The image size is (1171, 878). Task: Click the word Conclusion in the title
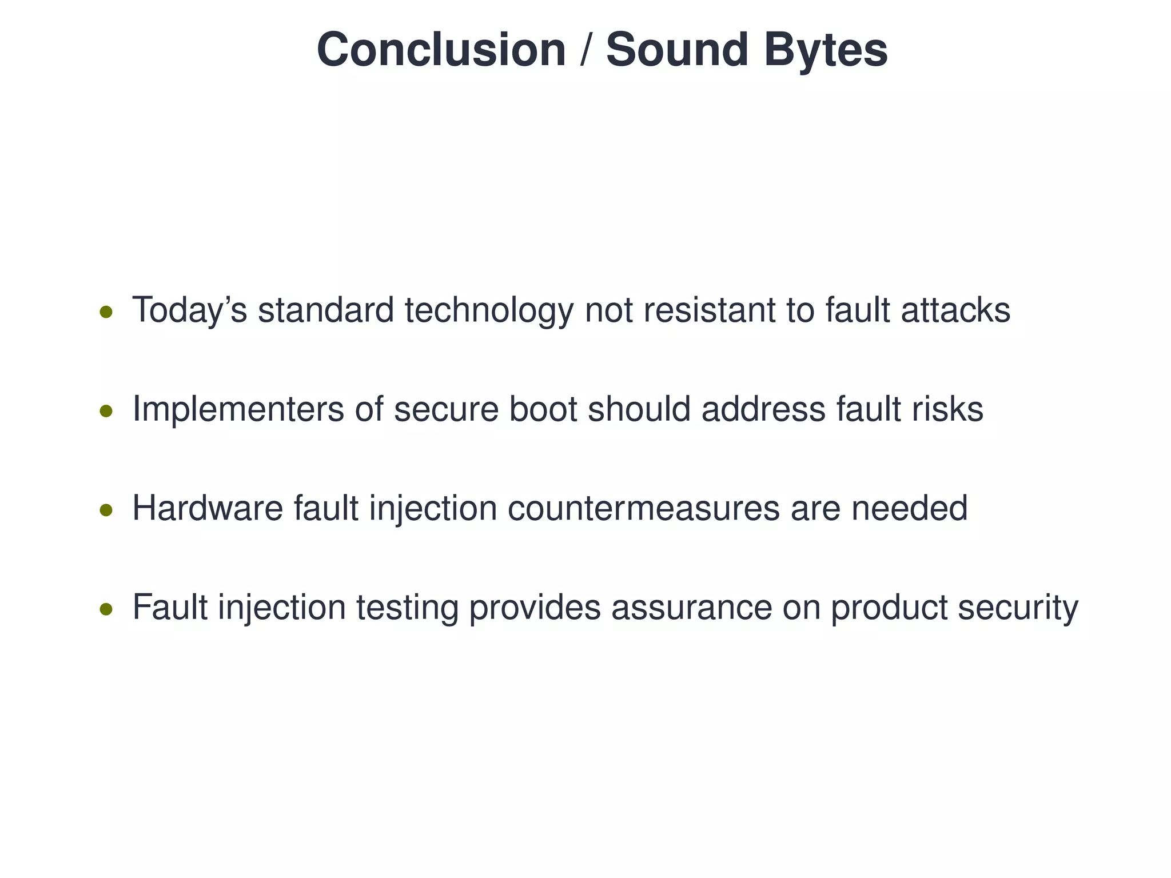tap(441, 50)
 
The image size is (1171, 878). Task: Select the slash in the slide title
tap(584, 50)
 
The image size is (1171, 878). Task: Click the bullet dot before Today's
tap(106, 312)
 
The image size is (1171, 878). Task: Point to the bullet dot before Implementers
tap(106, 411)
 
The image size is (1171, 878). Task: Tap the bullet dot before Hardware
tap(106, 510)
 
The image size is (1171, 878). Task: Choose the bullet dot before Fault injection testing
tap(106, 609)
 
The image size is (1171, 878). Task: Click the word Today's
tap(189, 310)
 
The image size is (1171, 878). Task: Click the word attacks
tap(955, 310)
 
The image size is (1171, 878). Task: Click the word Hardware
tap(208, 508)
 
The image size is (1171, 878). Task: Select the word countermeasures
tap(643, 508)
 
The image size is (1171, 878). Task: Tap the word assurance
tap(691, 608)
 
